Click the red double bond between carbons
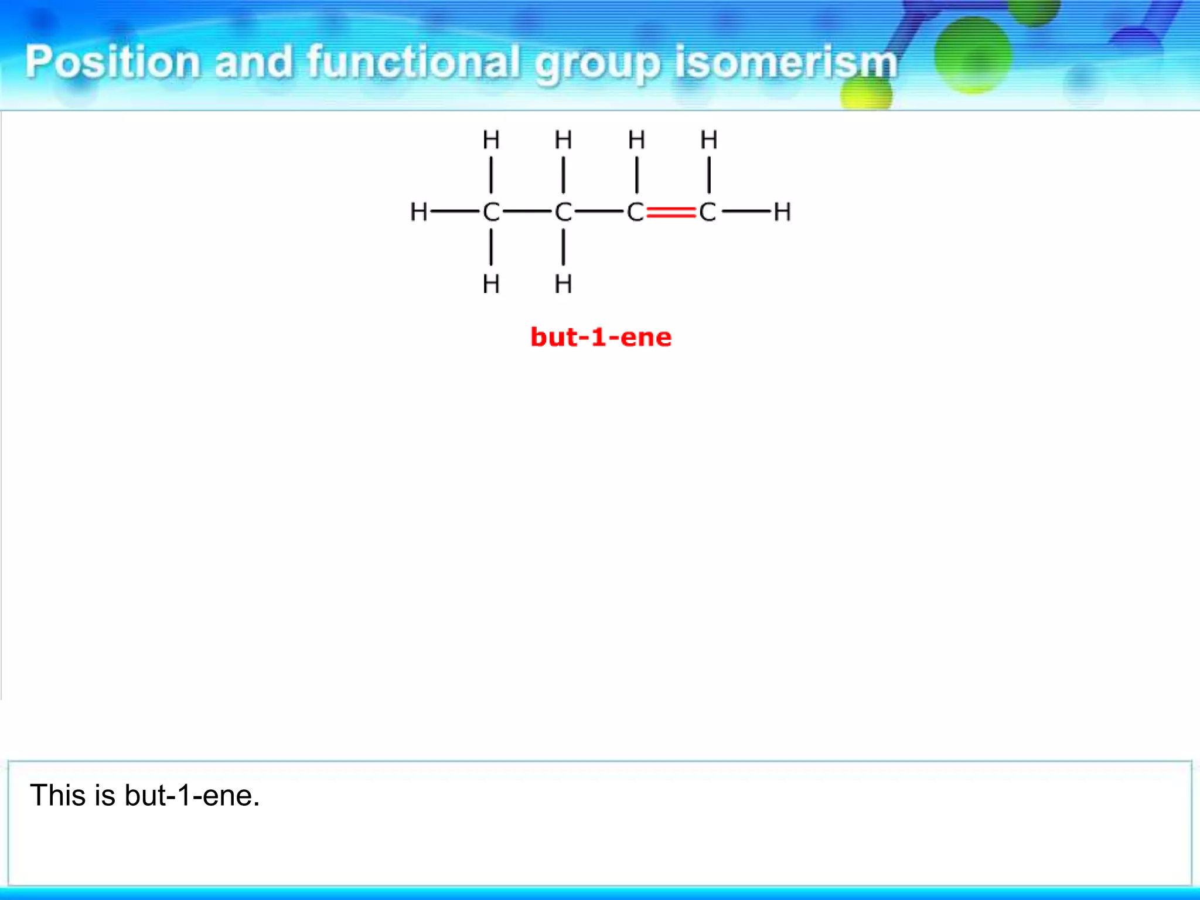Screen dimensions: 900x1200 coord(671,212)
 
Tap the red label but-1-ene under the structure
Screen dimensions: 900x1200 coord(601,337)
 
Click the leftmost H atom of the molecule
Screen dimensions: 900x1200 coord(418,212)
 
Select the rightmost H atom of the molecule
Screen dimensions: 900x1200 coord(782,212)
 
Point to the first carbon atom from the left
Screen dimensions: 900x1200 coord(491,212)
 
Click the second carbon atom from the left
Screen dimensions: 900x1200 coord(563,212)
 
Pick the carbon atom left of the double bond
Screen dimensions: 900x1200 coord(635,212)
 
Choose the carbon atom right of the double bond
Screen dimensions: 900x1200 coord(707,212)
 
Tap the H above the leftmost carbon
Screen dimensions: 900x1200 coord(491,141)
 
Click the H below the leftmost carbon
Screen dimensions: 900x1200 coord(491,285)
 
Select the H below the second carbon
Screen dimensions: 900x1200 coord(563,285)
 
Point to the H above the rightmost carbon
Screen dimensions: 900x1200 coord(709,141)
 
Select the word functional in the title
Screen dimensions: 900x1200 coord(414,62)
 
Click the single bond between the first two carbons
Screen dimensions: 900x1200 coord(527,212)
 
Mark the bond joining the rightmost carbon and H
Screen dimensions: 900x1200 coord(746,212)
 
